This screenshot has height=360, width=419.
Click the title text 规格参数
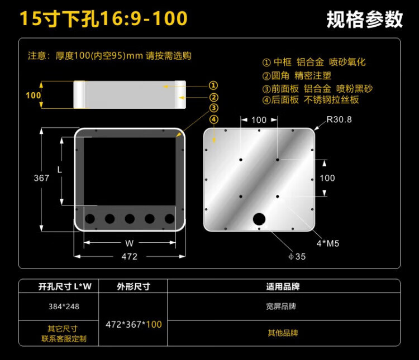(364, 19)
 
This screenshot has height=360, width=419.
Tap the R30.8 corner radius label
(339, 119)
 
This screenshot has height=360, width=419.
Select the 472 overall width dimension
(130, 256)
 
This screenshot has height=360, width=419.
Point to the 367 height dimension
(41, 178)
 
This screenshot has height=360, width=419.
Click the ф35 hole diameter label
(297, 256)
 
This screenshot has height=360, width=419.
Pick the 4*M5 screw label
(328, 243)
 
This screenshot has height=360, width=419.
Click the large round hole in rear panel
(259, 219)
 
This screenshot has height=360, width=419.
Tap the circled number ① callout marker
(213, 85)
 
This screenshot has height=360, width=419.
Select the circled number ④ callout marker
(213, 119)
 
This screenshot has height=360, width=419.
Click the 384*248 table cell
(64, 306)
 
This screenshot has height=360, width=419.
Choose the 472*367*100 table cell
(134, 324)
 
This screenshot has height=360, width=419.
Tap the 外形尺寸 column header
(134, 286)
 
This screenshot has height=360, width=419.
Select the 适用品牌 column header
(283, 286)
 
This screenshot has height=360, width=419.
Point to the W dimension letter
(130, 243)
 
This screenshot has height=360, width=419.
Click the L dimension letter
(60, 169)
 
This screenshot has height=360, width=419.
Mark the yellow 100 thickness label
(34, 95)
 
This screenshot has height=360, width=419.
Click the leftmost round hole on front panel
(90, 219)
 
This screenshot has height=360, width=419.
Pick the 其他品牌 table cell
(283, 333)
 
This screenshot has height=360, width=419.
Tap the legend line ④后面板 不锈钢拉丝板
(311, 100)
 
